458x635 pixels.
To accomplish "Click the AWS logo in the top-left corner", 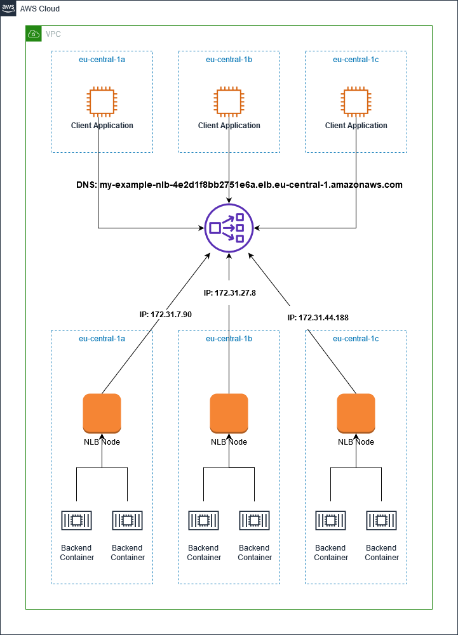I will (x=8, y=8).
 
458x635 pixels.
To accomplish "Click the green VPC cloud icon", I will (x=34, y=34).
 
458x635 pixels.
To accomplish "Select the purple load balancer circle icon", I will (x=229, y=228).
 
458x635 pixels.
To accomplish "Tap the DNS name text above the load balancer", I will (x=239, y=185).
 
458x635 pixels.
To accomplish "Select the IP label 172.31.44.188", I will (x=318, y=317).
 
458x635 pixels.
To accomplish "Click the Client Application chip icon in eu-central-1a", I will (x=102, y=102).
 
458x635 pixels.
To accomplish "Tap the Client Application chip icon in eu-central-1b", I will (x=229, y=102).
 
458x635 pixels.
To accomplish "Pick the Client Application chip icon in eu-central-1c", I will (x=356, y=102).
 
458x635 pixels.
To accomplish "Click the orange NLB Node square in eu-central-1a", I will (x=102, y=412).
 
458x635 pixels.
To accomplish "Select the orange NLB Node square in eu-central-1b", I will (x=229, y=412).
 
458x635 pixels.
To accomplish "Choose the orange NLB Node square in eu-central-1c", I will (x=356, y=412).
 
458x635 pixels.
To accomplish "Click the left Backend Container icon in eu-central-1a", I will (x=76, y=521).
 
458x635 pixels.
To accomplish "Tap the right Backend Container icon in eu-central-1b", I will (x=254, y=521).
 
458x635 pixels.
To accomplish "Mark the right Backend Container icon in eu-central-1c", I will (x=381, y=521).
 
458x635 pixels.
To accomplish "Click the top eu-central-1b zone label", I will (x=229, y=60).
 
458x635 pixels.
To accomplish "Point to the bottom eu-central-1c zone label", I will (x=356, y=339).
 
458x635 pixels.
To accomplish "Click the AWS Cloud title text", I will (x=40, y=9).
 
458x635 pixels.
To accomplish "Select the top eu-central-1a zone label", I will (x=102, y=60).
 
